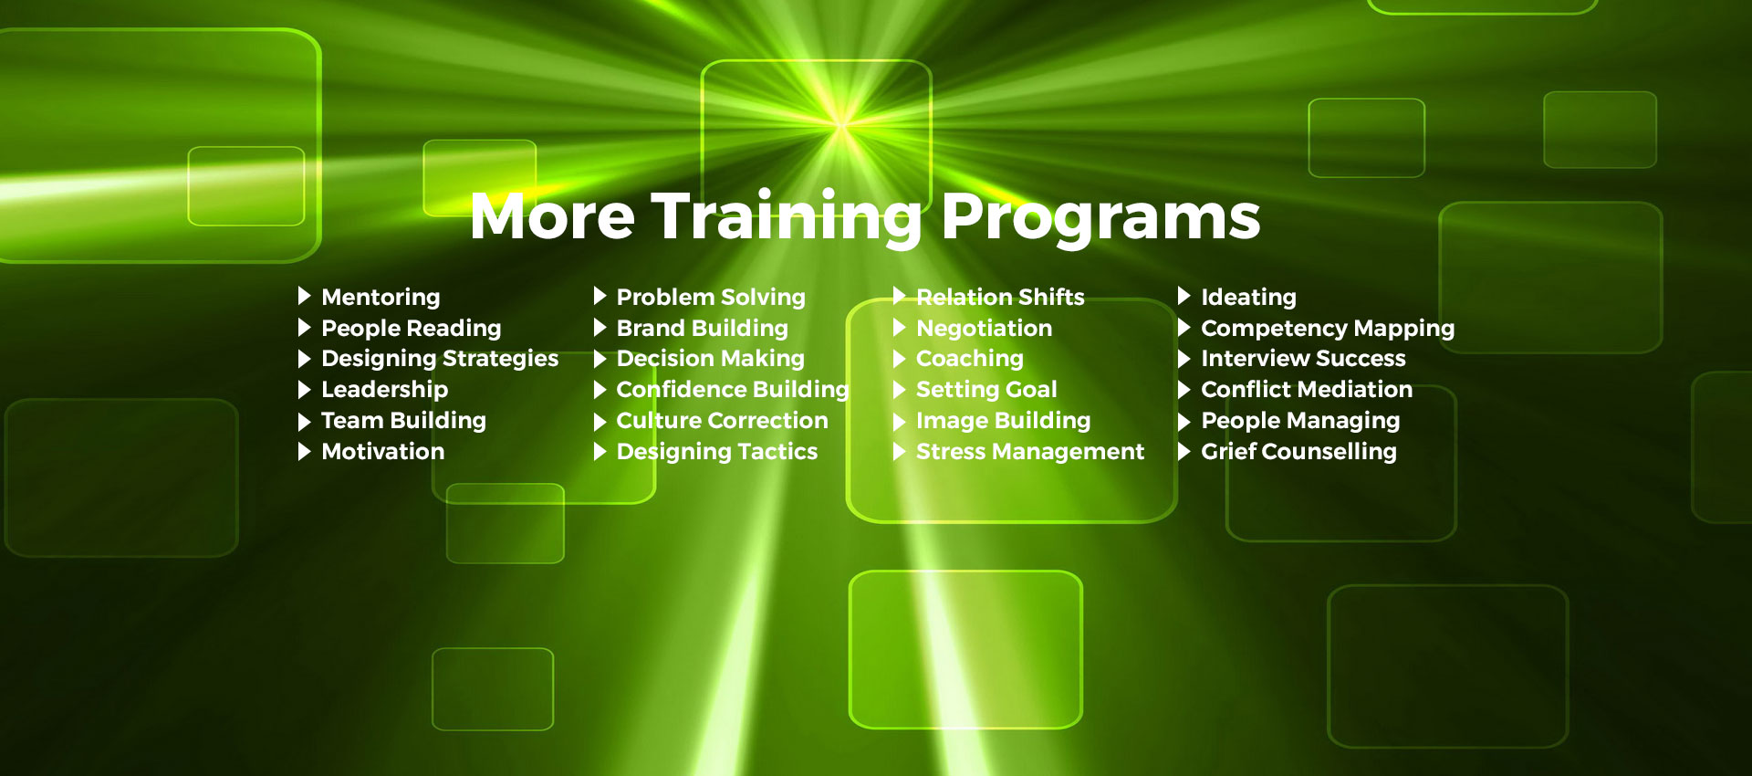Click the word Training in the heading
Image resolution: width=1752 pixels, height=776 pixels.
click(787, 218)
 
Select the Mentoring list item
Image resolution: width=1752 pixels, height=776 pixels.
click(381, 298)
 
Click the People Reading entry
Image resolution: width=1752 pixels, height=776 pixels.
click(412, 329)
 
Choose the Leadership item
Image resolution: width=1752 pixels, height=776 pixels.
click(385, 390)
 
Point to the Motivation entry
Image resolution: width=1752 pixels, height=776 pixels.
click(383, 451)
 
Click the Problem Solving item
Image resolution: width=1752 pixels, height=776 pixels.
click(711, 298)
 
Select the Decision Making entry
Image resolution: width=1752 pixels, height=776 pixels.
click(711, 359)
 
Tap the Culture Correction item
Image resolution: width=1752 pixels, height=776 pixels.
click(723, 420)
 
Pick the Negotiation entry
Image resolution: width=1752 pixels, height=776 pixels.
click(985, 329)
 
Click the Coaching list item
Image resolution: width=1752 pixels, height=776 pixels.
click(970, 359)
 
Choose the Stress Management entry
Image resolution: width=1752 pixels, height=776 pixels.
click(1030, 452)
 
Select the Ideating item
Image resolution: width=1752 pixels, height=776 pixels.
click(1248, 298)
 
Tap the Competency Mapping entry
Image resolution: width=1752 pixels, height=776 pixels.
click(1328, 329)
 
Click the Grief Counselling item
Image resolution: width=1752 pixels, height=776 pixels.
click(1298, 452)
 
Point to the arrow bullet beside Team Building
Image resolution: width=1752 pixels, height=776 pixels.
click(305, 421)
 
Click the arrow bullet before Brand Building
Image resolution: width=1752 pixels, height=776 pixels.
click(600, 328)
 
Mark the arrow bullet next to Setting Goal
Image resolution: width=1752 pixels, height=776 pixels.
click(899, 390)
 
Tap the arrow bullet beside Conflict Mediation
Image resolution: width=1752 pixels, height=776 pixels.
click(1184, 390)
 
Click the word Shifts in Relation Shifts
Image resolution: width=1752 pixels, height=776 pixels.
click(1051, 297)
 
